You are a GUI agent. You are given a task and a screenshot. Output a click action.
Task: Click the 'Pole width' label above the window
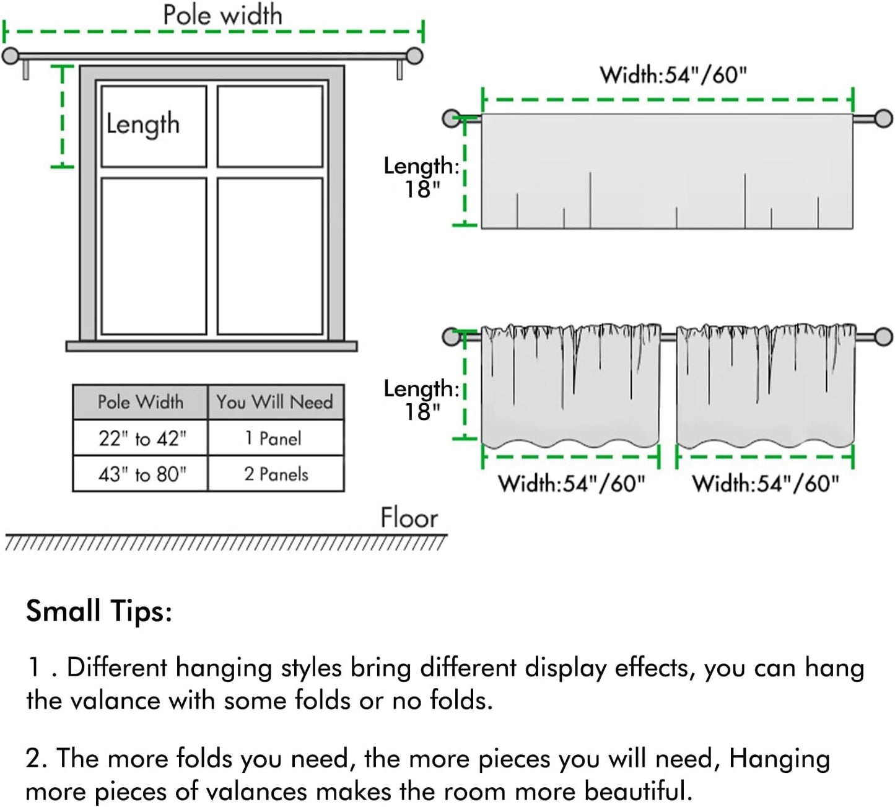click(x=222, y=15)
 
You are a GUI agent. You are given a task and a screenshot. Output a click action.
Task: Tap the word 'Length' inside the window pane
click(x=143, y=124)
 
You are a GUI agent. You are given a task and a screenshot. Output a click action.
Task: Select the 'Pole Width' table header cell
click(x=141, y=402)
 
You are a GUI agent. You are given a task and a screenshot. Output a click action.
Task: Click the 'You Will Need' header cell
click(x=275, y=402)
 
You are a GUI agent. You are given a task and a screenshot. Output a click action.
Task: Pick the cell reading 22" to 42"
click(x=142, y=438)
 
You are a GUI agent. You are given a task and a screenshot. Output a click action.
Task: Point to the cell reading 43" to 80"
click(x=142, y=474)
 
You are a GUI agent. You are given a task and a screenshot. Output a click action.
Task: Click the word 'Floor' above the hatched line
click(x=409, y=518)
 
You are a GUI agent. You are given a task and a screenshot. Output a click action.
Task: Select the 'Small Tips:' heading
click(x=99, y=611)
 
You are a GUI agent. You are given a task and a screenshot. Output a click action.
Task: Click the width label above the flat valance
click(x=673, y=75)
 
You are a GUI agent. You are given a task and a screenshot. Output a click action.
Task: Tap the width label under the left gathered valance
click(x=571, y=483)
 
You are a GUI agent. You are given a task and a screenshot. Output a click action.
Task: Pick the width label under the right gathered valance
click(x=766, y=483)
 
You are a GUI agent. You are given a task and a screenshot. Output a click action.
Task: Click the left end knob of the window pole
click(x=11, y=56)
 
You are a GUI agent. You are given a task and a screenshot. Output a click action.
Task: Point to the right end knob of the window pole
click(x=414, y=56)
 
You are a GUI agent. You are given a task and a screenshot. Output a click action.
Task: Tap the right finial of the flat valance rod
click(x=883, y=118)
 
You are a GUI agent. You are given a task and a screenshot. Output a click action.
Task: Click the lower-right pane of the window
click(x=270, y=256)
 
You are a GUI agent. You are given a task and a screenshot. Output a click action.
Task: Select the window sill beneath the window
click(x=212, y=346)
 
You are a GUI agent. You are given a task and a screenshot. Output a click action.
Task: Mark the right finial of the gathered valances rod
click(x=883, y=337)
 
